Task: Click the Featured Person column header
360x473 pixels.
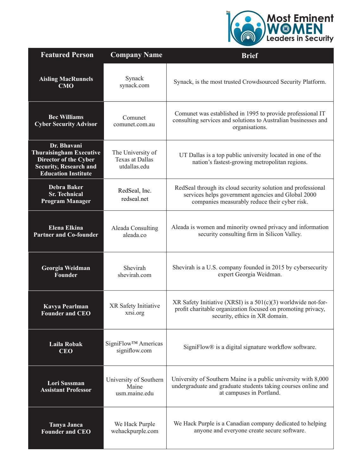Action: pyautogui.click(x=67, y=55)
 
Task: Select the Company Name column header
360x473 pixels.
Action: pyautogui.click(x=136, y=55)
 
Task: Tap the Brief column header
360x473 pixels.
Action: pyautogui.click(x=250, y=56)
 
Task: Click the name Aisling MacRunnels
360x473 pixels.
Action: pyautogui.click(x=66, y=79)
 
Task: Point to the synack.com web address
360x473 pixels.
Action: pyautogui.click(x=134, y=85)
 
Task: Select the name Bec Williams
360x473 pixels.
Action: pyautogui.click(x=66, y=117)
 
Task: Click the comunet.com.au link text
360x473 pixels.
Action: pyautogui.click(x=134, y=124)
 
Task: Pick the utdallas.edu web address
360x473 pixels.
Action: pyautogui.click(x=134, y=167)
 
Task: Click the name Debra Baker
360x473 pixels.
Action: pyautogui.click(x=66, y=187)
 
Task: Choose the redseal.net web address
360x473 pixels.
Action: pyautogui.click(x=135, y=199)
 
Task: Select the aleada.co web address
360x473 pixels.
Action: pyautogui.click(x=135, y=235)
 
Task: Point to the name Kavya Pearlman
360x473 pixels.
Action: pyautogui.click(x=66, y=306)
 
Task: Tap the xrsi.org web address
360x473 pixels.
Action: pyautogui.click(x=135, y=313)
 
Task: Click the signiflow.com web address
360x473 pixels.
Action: pyautogui.click(x=134, y=351)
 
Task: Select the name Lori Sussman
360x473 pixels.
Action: pyautogui.click(x=66, y=383)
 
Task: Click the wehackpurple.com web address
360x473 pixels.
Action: pyautogui.click(x=135, y=431)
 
